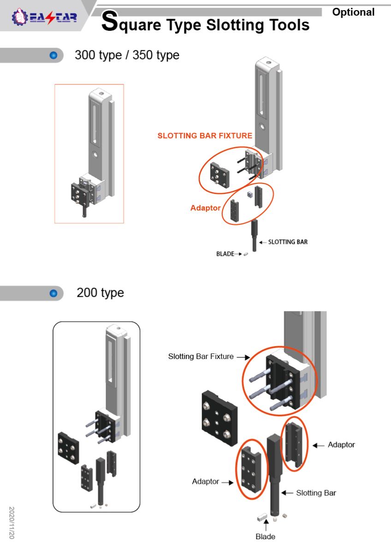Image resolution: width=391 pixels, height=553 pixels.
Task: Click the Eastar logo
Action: (x=44, y=18)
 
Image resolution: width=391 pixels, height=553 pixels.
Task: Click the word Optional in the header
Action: (x=353, y=12)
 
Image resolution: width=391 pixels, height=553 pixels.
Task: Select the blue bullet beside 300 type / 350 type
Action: (x=53, y=55)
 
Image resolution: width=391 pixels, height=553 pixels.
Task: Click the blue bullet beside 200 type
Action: (x=53, y=293)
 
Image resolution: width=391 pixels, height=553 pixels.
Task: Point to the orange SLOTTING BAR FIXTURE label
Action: (x=205, y=135)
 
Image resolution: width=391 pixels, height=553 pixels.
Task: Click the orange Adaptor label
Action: (x=206, y=208)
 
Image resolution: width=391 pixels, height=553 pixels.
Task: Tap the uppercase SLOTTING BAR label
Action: (x=288, y=242)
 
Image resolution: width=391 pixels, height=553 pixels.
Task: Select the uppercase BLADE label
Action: (x=225, y=253)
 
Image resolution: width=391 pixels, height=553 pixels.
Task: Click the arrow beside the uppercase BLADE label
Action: (x=239, y=253)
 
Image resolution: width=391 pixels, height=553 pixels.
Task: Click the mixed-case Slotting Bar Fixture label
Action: (x=201, y=356)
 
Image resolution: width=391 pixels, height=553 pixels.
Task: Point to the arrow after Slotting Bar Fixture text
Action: (x=243, y=357)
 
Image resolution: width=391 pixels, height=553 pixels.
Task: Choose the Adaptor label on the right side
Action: (x=341, y=445)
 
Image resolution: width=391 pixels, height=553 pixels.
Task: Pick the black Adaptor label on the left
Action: (x=206, y=482)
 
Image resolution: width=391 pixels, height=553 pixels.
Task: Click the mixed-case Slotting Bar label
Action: (x=316, y=493)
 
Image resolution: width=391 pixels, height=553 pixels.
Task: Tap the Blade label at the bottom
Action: (x=265, y=536)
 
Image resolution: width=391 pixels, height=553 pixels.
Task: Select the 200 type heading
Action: (x=100, y=293)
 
